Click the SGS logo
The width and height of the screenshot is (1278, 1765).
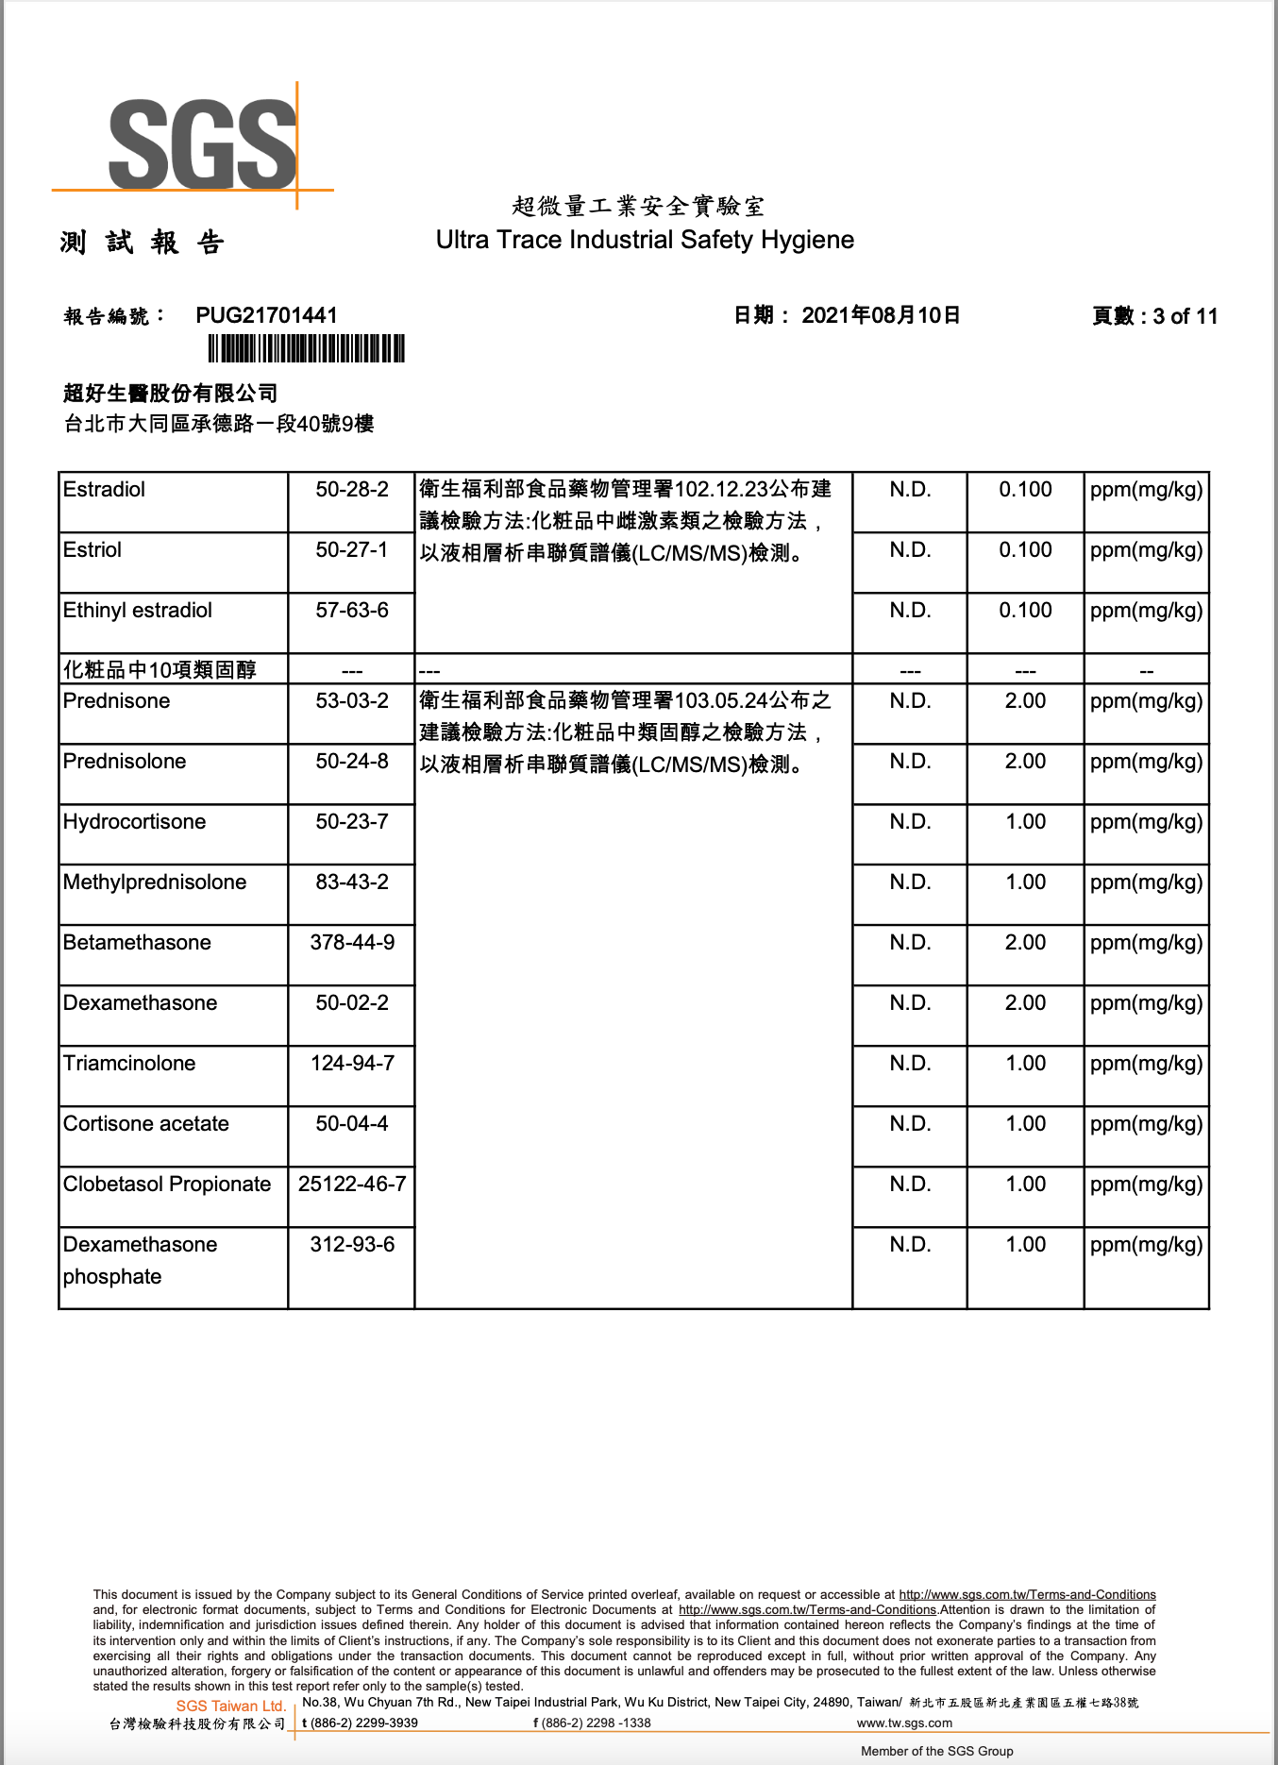(202, 144)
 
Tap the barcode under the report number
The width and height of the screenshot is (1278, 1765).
(306, 348)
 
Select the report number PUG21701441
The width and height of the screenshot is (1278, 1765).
(266, 315)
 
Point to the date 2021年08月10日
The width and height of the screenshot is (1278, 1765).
(881, 315)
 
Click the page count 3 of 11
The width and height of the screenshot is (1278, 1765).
(1185, 316)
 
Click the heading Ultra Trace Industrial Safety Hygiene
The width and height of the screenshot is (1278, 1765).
(645, 240)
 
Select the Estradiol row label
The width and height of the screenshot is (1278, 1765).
(105, 489)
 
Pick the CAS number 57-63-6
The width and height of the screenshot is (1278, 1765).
(352, 610)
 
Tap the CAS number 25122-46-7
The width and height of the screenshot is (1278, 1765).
(352, 1184)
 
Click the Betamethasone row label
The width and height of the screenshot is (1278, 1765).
(137, 942)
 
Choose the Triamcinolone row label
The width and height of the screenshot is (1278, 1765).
(129, 1063)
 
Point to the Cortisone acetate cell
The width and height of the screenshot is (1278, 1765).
(146, 1123)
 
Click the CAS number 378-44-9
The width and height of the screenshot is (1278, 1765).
(352, 942)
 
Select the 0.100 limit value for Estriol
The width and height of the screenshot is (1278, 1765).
(1025, 549)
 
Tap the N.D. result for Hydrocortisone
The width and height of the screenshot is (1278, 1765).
(910, 821)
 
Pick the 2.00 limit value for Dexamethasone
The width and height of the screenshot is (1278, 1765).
(1025, 1002)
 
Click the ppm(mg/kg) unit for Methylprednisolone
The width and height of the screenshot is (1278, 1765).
(1146, 882)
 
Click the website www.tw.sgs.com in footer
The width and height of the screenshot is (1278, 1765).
(904, 1723)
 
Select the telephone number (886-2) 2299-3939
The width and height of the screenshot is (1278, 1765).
(363, 1723)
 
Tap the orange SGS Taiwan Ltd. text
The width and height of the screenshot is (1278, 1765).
(230, 1706)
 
